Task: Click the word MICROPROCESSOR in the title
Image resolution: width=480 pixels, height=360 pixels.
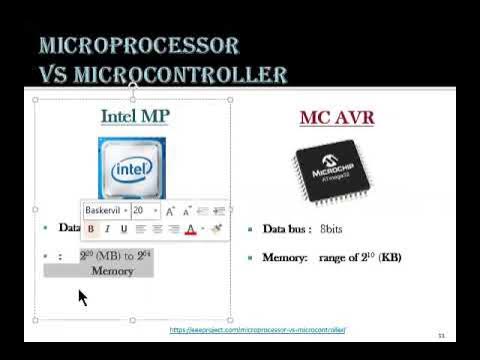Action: coord(138,45)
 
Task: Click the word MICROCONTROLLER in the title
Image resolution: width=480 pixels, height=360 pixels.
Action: coord(177,74)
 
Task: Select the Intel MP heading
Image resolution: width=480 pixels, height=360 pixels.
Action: coord(135,117)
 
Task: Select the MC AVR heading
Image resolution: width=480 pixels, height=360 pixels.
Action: coord(337,118)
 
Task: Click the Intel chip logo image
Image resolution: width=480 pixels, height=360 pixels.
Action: coord(132,168)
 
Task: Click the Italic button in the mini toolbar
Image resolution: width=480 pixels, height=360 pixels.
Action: coord(107,229)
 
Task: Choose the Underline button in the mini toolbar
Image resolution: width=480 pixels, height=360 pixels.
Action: coord(123,229)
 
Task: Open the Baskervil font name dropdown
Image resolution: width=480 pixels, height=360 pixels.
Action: coord(105,211)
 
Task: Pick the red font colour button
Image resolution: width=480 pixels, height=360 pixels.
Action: coord(190,229)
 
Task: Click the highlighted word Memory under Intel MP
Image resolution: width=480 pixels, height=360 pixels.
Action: coord(112,271)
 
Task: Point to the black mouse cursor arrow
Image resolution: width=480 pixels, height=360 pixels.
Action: coord(83,297)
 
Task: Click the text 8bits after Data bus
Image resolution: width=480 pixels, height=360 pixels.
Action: coord(331,229)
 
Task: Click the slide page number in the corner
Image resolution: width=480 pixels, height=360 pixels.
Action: coord(441,335)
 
